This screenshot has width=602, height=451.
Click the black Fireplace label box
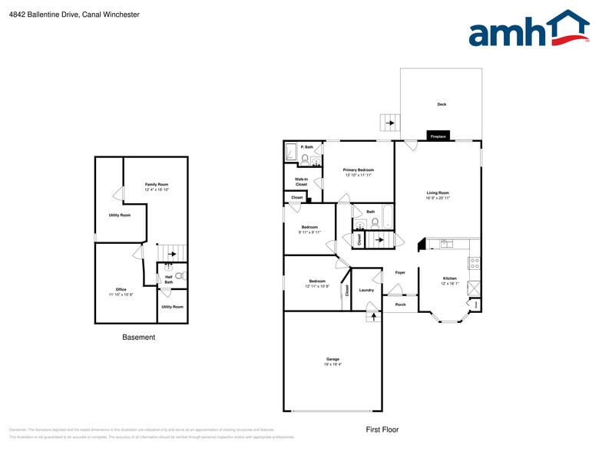click(x=438, y=137)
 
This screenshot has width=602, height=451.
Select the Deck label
click(x=442, y=104)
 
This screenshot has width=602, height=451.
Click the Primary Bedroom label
click(x=359, y=170)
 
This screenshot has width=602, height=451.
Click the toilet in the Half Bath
click(x=180, y=275)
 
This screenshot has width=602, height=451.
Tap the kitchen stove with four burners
click(x=474, y=262)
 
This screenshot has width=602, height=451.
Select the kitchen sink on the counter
click(x=446, y=243)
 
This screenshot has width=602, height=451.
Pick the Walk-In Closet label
click(x=301, y=182)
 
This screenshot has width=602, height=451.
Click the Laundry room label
click(x=366, y=290)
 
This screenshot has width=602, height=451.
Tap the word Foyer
click(x=400, y=273)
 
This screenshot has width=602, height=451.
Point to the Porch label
click(x=400, y=305)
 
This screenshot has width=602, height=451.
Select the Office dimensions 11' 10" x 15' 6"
click(x=121, y=295)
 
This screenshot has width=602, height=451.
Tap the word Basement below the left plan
click(x=139, y=337)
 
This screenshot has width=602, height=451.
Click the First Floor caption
click(x=382, y=430)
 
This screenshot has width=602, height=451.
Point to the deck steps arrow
click(x=389, y=122)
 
